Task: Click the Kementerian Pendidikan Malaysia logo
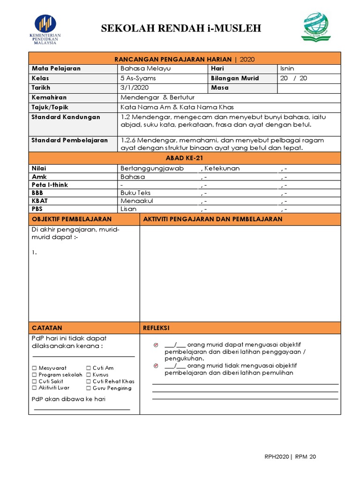[x=45, y=29]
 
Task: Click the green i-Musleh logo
[x=315, y=27]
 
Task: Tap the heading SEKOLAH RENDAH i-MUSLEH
[x=181, y=30]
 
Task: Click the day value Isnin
[x=287, y=68]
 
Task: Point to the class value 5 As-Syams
[x=138, y=78]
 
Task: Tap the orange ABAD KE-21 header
[x=185, y=158]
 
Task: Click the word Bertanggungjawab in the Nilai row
[x=152, y=168]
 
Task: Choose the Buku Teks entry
[x=135, y=193]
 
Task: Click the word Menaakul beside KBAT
[x=137, y=201]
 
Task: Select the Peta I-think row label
[x=50, y=185]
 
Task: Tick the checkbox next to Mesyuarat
[x=34, y=368]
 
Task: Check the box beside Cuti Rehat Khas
[x=88, y=382]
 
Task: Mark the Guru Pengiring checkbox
[x=88, y=388]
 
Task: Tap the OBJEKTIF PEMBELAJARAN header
[x=71, y=219]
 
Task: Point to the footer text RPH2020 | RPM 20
[x=290, y=457]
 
